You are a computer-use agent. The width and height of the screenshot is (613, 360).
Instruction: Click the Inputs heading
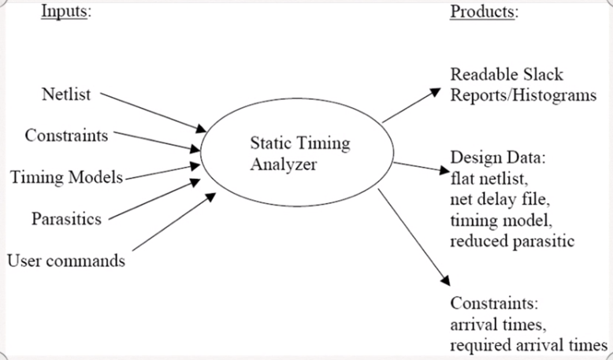tap(65, 13)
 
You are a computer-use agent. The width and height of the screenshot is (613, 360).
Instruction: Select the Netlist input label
tap(66, 95)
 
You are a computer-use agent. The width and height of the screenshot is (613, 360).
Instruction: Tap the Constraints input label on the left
tap(66, 135)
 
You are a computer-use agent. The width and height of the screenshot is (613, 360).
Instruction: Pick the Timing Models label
tap(67, 176)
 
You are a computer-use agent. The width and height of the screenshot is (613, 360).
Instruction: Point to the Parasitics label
tap(66, 218)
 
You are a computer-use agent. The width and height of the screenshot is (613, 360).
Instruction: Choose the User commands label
tap(66, 260)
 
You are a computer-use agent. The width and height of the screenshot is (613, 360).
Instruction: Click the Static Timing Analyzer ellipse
tap(299, 153)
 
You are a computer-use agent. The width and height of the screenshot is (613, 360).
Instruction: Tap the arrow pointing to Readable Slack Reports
tap(411, 106)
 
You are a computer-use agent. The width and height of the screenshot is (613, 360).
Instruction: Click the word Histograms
tap(552, 95)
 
